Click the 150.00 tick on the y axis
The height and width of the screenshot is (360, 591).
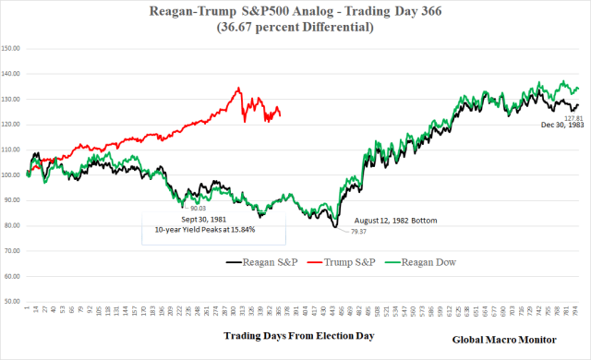click(x=12, y=48)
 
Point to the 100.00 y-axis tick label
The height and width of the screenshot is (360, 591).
click(x=12, y=174)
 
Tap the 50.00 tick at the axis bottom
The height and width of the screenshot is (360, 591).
click(x=12, y=301)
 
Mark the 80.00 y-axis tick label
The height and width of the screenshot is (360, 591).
click(x=12, y=225)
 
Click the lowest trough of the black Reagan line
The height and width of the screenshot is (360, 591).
click(x=336, y=226)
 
